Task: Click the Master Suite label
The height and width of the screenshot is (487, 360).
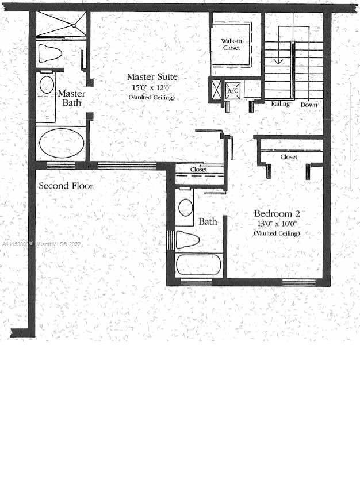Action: pyautogui.click(x=152, y=77)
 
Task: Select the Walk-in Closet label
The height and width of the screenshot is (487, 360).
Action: pyautogui.click(x=231, y=44)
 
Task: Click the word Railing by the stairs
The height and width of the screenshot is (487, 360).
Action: pyautogui.click(x=281, y=104)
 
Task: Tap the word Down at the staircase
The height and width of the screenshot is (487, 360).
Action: pyautogui.click(x=309, y=105)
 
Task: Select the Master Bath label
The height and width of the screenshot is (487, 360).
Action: pyautogui.click(x=72, y=98)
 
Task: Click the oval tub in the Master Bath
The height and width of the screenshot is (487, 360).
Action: pyautogui.click(x=62, y=143)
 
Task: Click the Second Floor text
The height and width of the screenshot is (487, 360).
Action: pyautogui.click(x=66, y=186)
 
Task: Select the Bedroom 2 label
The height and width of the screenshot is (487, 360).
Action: pyautogui.click(x=277, y=214)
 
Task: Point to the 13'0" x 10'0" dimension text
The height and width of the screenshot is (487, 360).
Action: pyautogui.click(x=277, y=224)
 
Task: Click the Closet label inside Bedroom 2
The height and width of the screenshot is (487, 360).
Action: pyautogui.click(x=289, y=157)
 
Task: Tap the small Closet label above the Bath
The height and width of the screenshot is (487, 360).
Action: pyautogui.click(x=198, y=170)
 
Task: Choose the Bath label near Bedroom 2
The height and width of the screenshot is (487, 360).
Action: pyautogui.click(x=208, y=221)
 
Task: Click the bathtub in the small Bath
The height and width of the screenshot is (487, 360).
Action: pyautogui.click(x=198, y=265)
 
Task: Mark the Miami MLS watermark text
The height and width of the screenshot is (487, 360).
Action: pyautogui.click(x=41, y=244)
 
